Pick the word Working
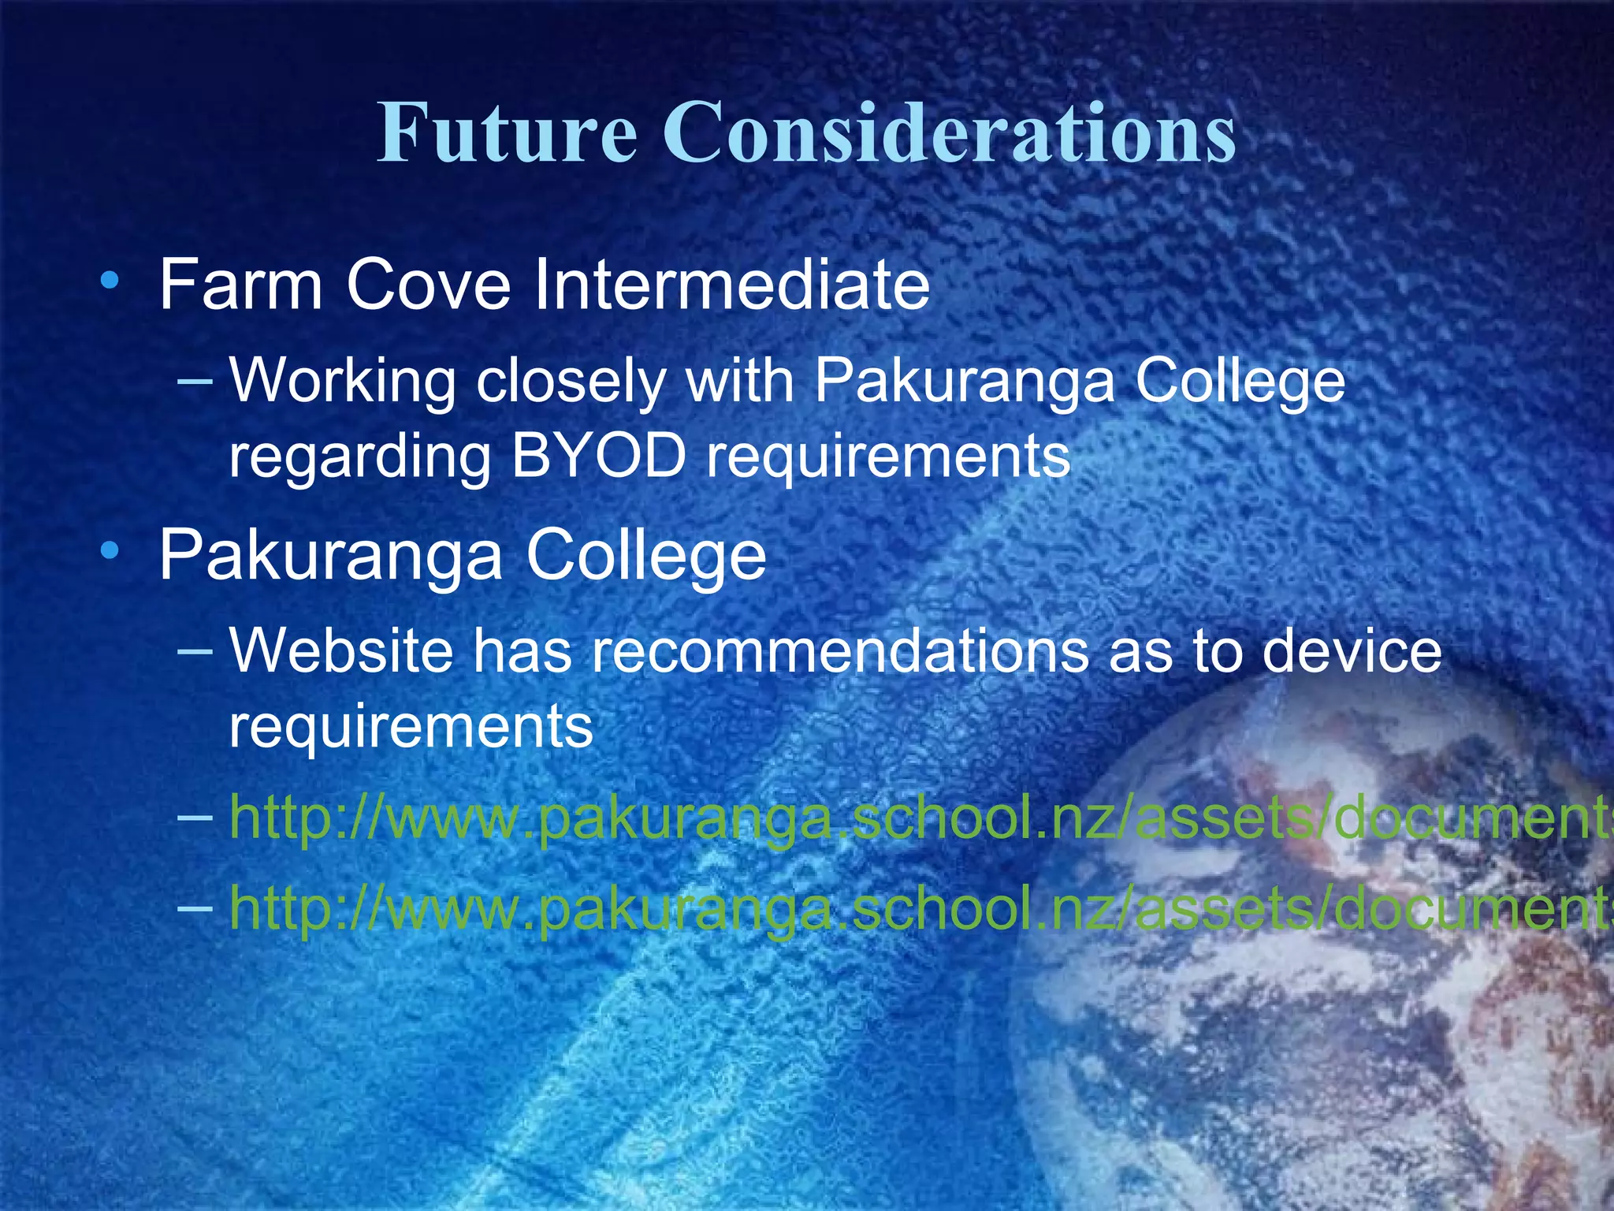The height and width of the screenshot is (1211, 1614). click(342, 382)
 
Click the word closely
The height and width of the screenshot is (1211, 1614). click(571, 382)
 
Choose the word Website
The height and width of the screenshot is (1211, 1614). click(341, 651)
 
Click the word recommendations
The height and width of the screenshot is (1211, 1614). click(840, 651)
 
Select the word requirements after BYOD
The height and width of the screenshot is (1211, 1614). click(889, 457)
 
